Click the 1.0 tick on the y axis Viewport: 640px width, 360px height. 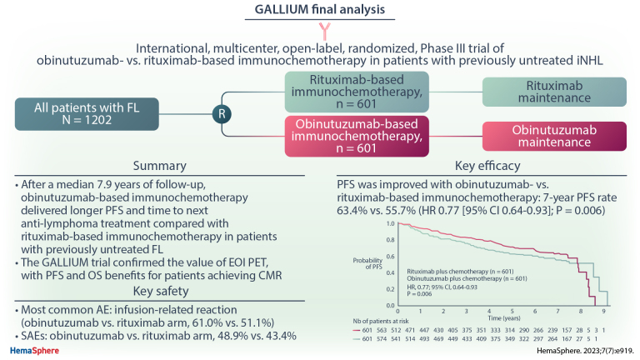click(388, 224)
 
